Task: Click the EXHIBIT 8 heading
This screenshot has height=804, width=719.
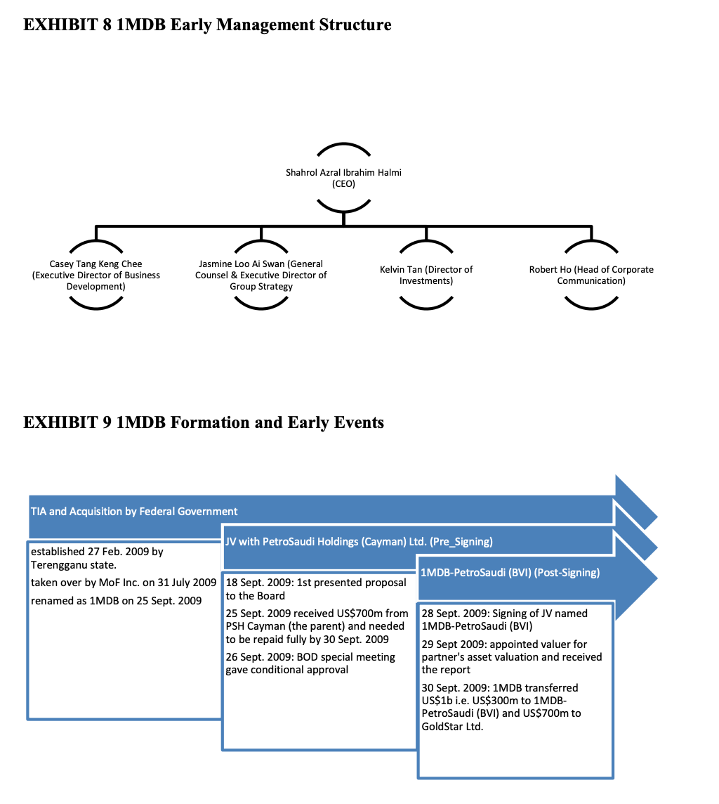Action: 207,25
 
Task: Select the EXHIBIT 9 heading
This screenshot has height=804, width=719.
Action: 204,422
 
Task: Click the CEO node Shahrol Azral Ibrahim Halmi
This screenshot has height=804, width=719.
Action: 343,178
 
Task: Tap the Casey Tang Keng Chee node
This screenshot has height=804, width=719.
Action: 96,275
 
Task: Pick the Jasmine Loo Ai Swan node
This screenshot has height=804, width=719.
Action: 260,275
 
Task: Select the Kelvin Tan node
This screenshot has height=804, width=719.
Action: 426,275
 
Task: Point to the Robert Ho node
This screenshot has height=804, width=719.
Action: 591,275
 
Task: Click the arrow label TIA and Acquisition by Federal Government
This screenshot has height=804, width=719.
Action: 134,511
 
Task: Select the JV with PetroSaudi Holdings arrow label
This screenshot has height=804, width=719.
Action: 359,541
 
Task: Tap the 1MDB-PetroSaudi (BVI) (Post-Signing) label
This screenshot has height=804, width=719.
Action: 510,572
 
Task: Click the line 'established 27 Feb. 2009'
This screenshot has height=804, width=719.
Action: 97,552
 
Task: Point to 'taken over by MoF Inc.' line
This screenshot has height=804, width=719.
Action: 124,583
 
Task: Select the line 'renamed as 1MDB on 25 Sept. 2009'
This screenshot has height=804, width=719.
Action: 117,600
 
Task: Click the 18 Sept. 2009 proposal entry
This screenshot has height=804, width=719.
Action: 316,589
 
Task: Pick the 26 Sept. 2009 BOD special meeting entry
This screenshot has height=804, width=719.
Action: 310,663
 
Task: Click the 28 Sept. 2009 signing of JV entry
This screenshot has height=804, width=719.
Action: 504,619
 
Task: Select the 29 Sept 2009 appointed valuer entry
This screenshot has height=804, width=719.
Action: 511,656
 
